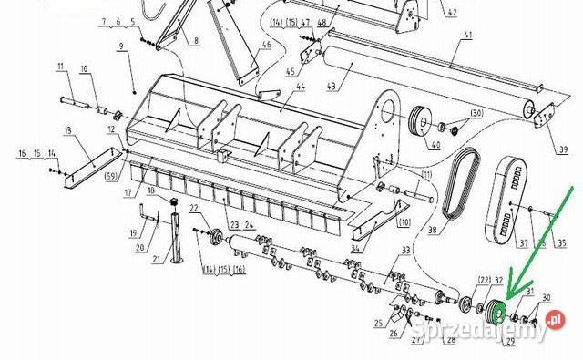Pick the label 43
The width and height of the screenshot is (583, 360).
point(332,87)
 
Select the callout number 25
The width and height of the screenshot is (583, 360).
point(377,322)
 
